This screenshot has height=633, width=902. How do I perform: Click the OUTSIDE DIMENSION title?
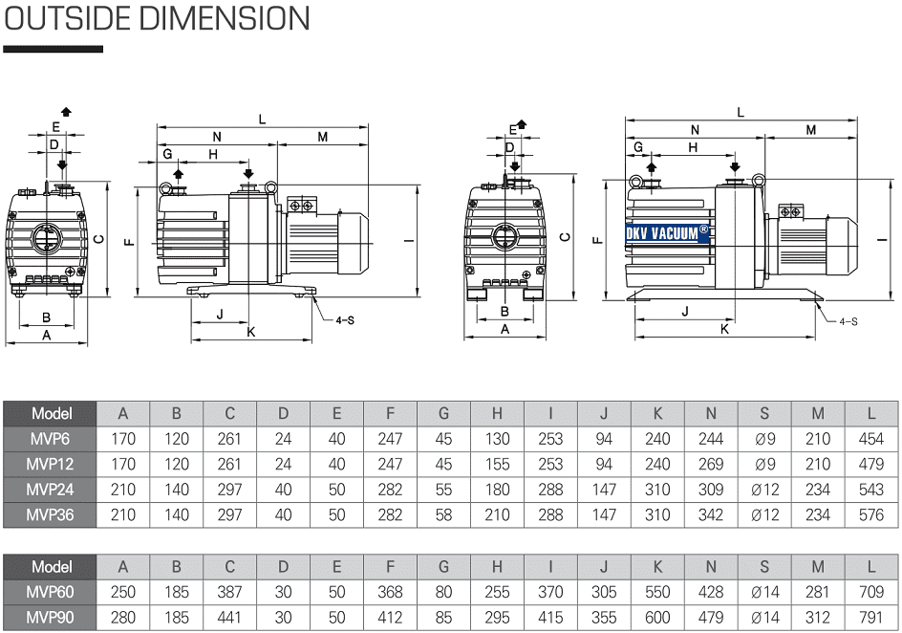[158, 19]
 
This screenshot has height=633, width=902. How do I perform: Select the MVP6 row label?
[52, 439]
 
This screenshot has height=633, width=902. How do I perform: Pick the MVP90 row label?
[52, 617]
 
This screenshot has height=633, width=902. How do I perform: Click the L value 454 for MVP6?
[870, 439]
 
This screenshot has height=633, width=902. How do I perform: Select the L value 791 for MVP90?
[870, 617]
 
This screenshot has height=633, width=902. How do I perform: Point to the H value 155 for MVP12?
[497, 464]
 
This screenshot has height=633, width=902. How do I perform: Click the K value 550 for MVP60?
[657, 592]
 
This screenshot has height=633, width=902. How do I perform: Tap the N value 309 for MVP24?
[711, 489]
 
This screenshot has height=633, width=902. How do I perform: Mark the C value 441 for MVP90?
[229, 617]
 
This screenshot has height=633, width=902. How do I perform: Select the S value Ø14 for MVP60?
[764, 592]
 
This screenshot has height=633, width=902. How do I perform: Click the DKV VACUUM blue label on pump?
[667, 231]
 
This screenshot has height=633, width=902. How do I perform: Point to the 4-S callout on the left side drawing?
[344, 319]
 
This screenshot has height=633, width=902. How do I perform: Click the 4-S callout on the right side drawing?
[848, 321]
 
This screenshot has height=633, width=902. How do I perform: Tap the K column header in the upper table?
[657, 413]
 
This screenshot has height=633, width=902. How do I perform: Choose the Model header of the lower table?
[52, 566]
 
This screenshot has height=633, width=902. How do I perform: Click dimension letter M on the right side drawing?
[811, 130]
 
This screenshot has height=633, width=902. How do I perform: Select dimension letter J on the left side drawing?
[219, 314]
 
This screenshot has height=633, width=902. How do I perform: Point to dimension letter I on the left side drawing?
[407, 239]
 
